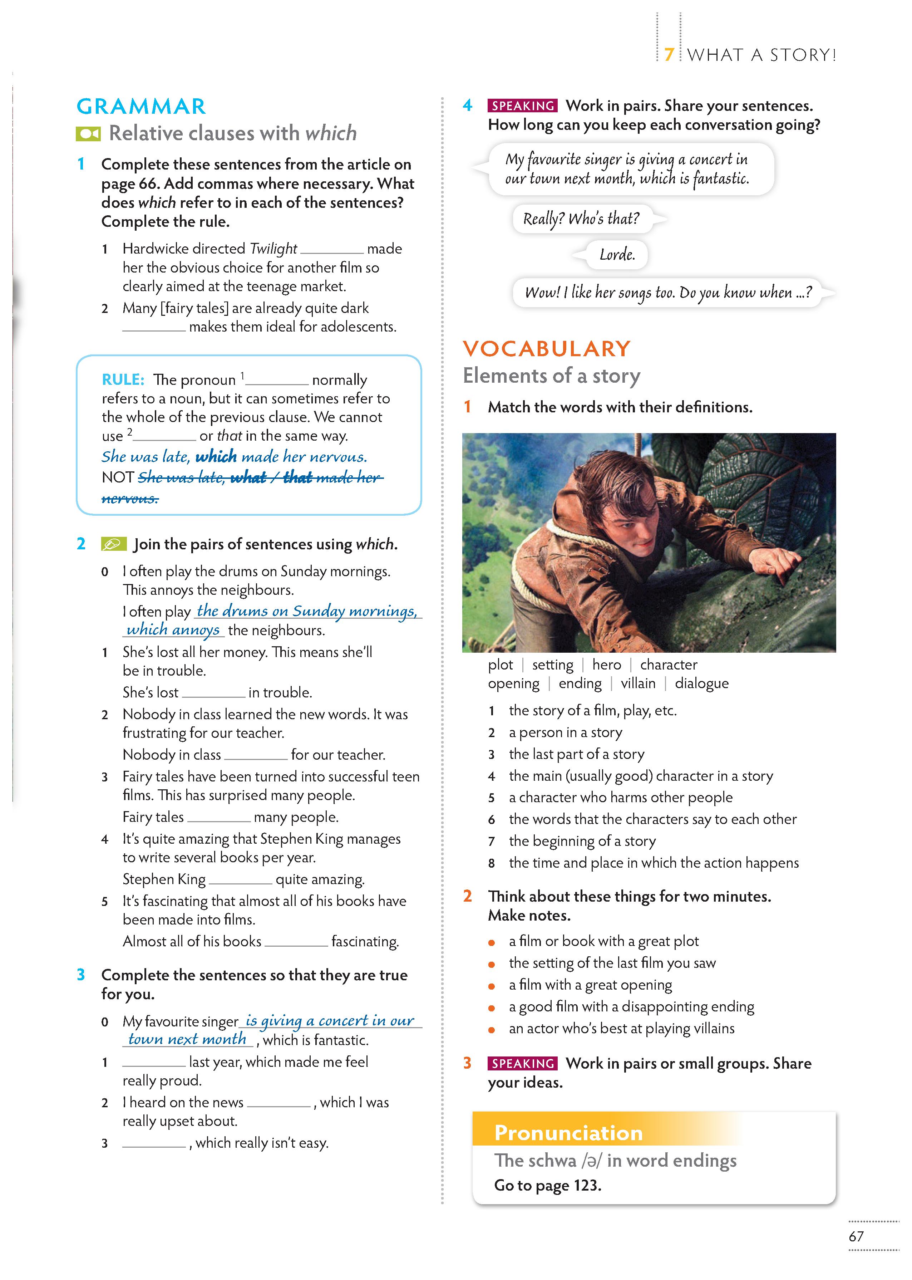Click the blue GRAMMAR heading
click(141, 106)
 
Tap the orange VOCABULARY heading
click(546, 349)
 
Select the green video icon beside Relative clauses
click(88, 134)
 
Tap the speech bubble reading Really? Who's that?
click(581, 219)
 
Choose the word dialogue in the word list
click(701, 683)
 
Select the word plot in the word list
click(501, 665)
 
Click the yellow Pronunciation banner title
click(568, 1133)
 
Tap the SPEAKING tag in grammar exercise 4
click(523, 106)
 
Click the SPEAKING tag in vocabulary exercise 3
click(523, 1063)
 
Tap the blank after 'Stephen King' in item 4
click(240, 879)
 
